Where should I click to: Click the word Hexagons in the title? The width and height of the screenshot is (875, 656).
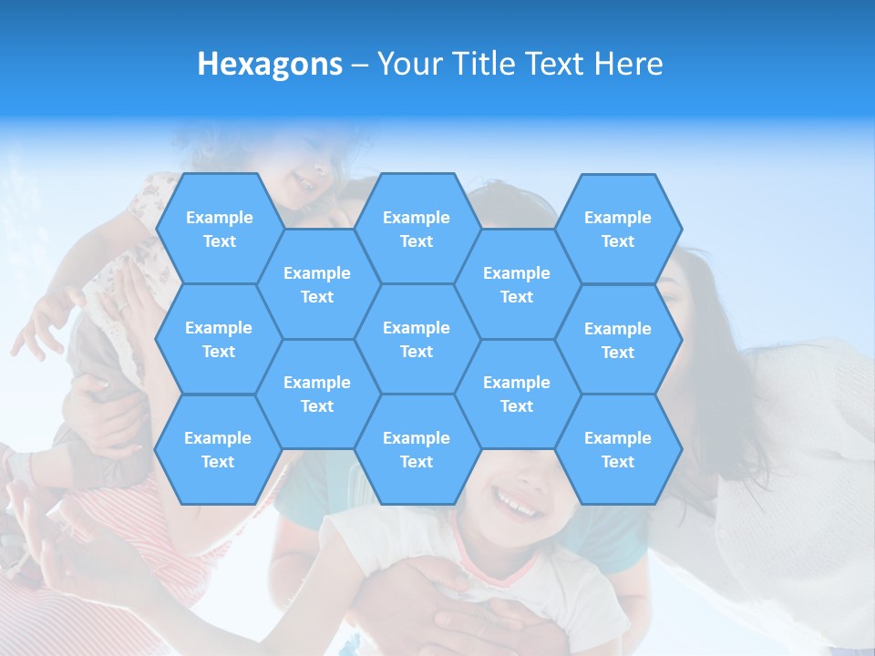point(270,64)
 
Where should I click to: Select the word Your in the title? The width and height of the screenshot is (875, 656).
point(405,64)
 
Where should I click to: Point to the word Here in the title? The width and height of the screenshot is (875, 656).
point(629,64)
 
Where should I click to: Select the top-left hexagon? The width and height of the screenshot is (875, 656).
point(219,229)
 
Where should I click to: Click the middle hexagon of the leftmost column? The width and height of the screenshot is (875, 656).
point(219,339)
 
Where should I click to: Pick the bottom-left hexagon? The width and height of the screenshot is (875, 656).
point(218,449)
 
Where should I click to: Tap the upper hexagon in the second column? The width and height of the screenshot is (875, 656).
point(317,284)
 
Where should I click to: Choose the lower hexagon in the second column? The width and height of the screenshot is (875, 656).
point(317,394)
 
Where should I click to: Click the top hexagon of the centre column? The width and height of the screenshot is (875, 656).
point(417,229)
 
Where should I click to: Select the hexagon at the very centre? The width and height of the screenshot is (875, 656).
point(417,339)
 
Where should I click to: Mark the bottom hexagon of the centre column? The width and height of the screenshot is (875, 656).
point(417,449)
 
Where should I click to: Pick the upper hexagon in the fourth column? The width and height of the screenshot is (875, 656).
point(517,284)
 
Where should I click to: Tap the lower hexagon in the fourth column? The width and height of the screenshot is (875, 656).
point(517,394)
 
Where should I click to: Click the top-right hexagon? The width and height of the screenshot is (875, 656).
point(618,229)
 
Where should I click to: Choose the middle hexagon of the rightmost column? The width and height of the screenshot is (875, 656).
point(618,340)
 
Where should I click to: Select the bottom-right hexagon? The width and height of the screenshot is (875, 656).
point(618,449)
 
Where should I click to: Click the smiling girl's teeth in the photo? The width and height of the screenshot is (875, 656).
point(516,502)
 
